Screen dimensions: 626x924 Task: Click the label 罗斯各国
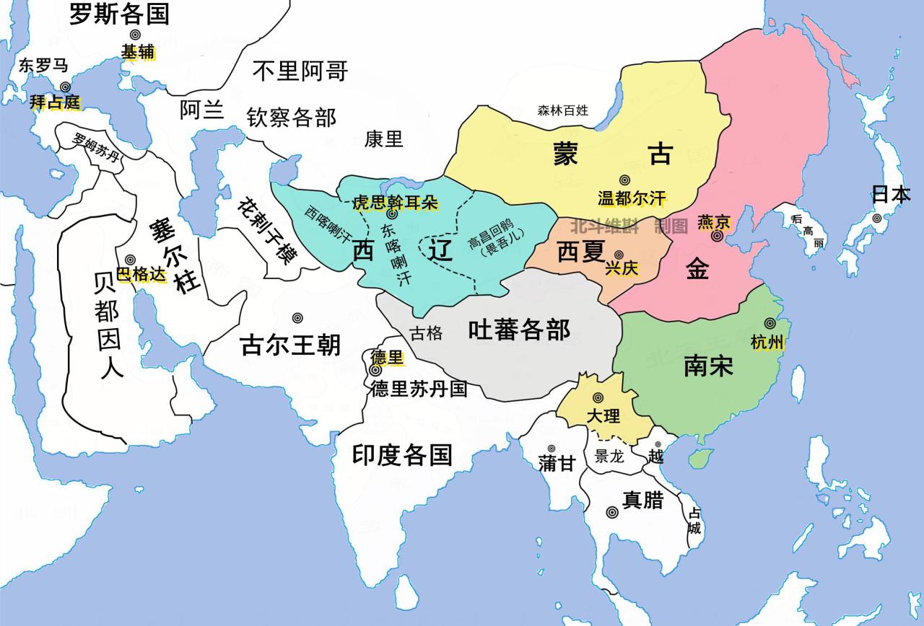pos(119,14)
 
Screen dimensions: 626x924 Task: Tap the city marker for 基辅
pos(136,35)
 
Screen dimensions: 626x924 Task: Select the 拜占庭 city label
pos(55,102)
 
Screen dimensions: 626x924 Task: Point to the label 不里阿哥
pos(300,71)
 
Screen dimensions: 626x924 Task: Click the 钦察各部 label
pos(292,117)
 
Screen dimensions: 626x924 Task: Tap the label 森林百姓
pos(563,110)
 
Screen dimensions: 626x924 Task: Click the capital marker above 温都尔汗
pos(624,180)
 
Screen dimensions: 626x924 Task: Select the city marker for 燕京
pos(717,236)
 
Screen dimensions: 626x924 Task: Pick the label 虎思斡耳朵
pos(395,203)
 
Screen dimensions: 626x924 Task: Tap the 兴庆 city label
pos(622,268)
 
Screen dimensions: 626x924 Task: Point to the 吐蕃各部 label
pos(519,330)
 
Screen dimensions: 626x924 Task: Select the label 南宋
pos(708,366)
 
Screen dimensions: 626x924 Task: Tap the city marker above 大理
pos(598,397)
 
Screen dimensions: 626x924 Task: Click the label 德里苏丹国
pos(419,389)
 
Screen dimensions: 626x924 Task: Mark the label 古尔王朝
pos(290,346)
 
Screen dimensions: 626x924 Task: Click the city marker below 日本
pos(876,218)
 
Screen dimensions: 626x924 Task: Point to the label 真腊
pos(642,500)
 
